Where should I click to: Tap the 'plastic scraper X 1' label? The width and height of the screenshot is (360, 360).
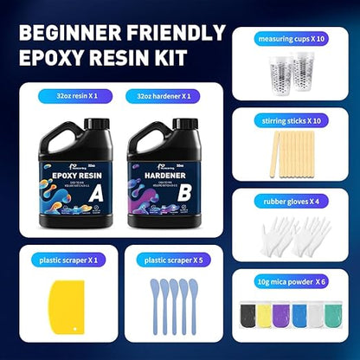(67, 260)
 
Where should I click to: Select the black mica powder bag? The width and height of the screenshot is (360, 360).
(251, 316)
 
